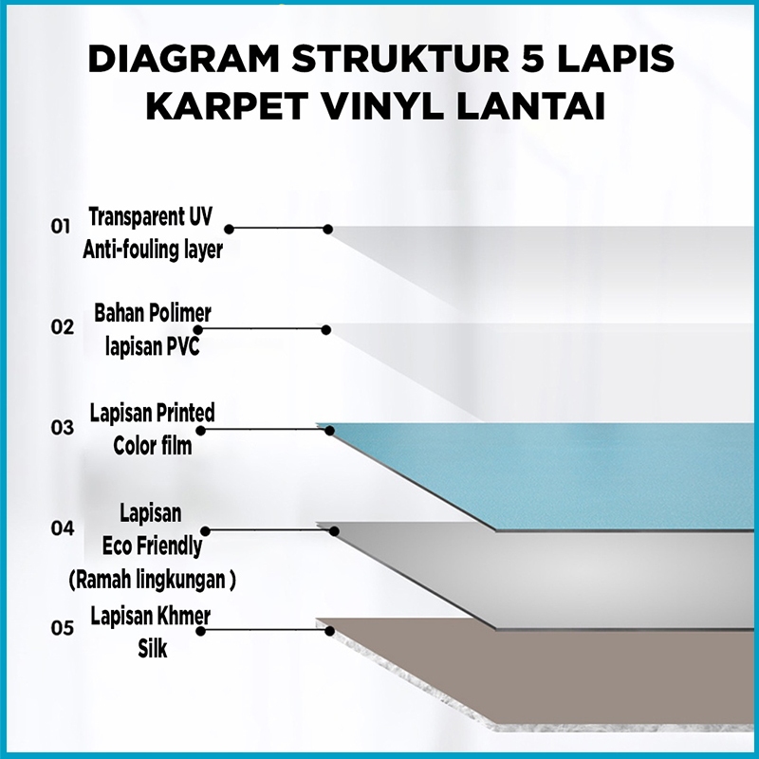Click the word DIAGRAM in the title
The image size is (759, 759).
183,59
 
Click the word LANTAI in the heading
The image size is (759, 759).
531,106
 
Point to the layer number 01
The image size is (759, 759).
61,227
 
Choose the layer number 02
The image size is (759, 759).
62,327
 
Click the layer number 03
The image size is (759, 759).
62,428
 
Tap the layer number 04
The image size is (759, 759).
63,528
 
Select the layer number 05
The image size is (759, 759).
62,628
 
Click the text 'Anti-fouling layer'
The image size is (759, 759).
153,250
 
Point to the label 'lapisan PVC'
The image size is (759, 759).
153,346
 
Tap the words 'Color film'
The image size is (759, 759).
153,446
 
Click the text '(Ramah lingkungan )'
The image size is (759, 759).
152,580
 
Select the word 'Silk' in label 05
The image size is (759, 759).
153,649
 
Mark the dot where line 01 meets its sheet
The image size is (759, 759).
327,229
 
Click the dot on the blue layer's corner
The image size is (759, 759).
329,431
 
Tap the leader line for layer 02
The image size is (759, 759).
262,329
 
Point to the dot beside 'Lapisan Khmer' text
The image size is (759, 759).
201,631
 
